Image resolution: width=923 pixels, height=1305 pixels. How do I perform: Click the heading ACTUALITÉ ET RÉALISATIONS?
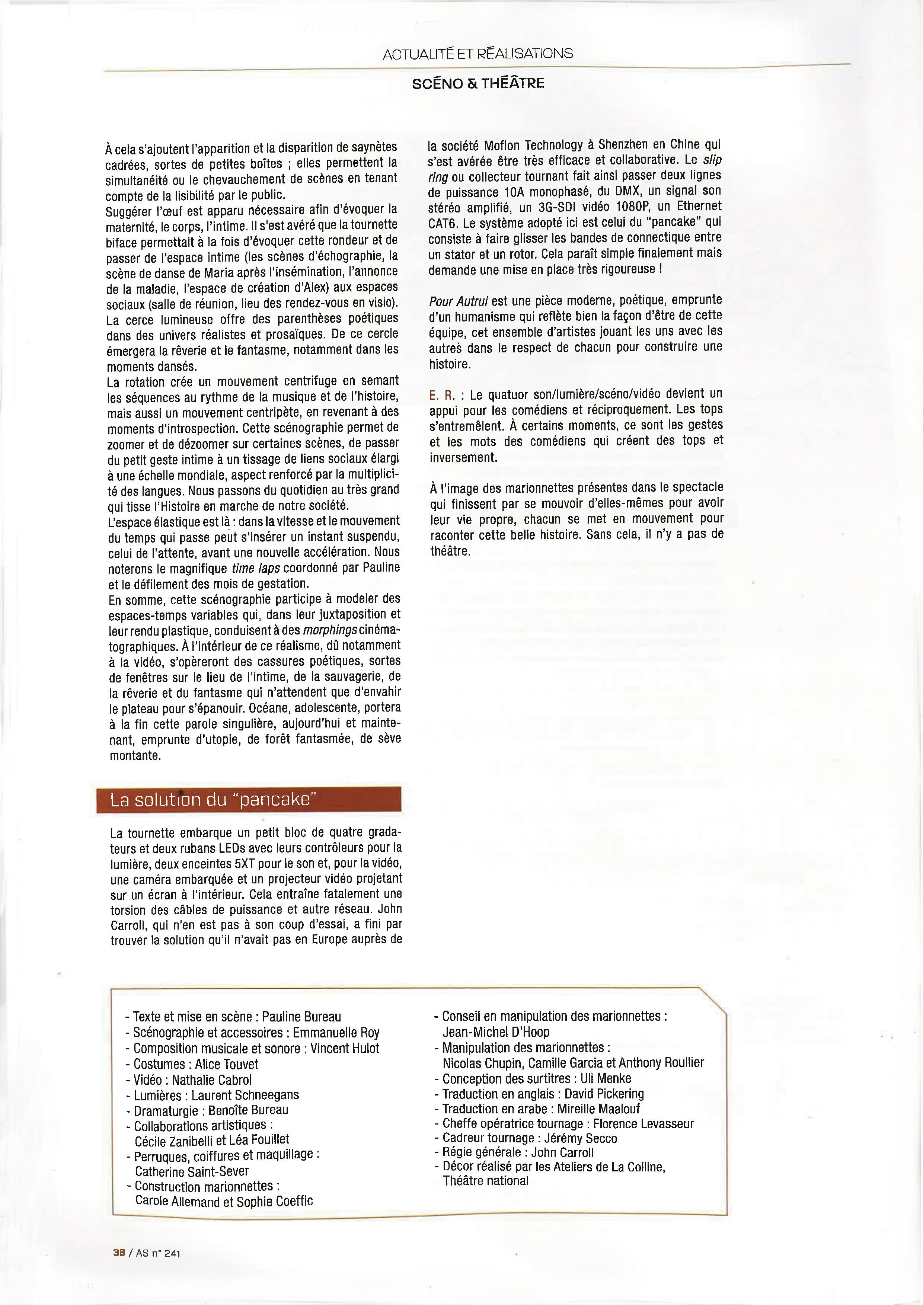click(x=478, y=54)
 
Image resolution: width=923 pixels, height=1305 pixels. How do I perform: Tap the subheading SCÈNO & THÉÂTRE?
click(x=478, y=84)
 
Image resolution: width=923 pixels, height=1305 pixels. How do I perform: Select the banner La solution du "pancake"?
click(x=248, y=800)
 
